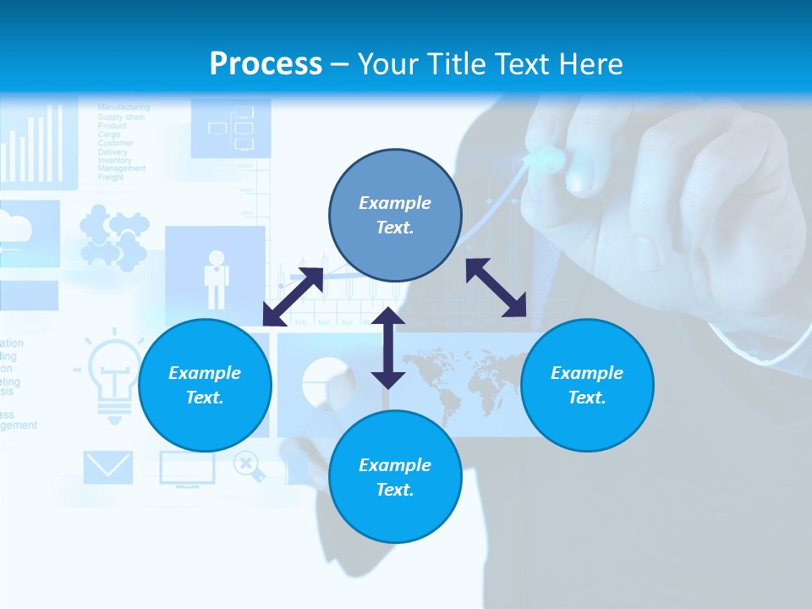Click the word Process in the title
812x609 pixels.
266,64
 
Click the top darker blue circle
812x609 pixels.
395,216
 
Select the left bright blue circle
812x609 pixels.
205,385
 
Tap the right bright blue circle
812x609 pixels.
587,385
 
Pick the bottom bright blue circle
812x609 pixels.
395,477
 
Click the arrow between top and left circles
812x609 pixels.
293,297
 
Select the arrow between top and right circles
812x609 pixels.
497,288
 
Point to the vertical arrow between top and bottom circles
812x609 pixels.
388,348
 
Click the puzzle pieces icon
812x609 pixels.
113,239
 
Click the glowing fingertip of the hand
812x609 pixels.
546,157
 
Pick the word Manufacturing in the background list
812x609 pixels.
123,107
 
